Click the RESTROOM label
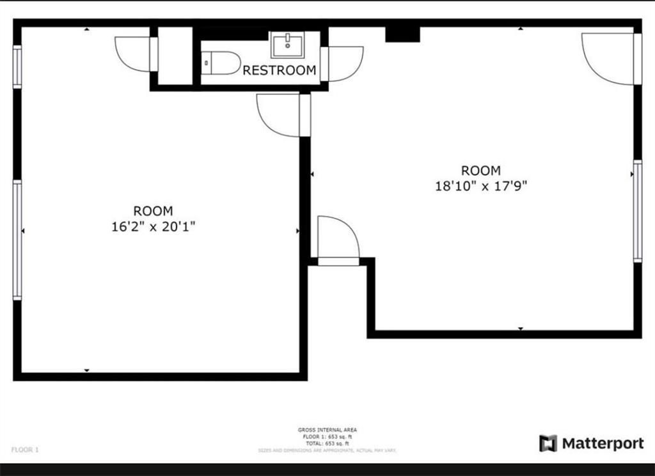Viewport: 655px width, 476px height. (x=279, y=70)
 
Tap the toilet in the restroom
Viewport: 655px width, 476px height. (x=220, y=63)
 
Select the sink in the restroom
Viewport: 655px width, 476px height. (x=287, y=45)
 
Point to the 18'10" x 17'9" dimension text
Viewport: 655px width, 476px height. (x=481, y=187)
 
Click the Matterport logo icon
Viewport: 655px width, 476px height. (x=548, y=443)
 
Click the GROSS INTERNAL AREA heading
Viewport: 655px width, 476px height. (x=327, y=430)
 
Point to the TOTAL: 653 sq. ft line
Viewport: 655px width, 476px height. (x=327, y=443)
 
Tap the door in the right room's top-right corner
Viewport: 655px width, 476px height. (x=608, y=58)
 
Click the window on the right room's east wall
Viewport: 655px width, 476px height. (x=637, y=211)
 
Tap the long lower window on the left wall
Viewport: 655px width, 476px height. (x=17, y=240)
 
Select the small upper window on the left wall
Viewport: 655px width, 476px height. (x=17, y=66)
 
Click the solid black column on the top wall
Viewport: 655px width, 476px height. (x=402, y=35)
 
